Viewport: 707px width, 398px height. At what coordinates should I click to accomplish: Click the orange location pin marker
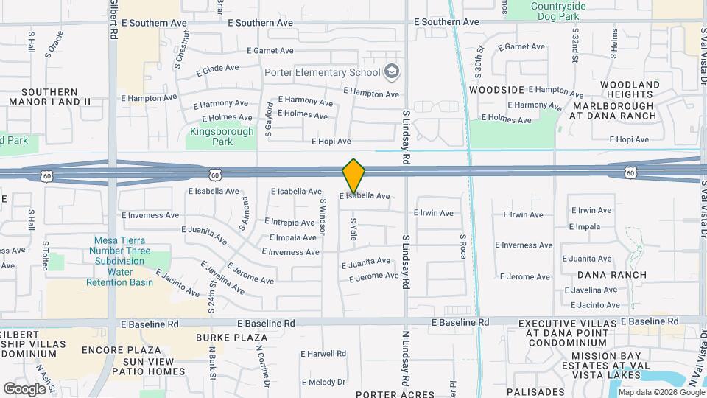pyautogui.click(x=353, y=175)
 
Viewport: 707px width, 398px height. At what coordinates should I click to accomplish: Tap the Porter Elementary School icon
pyautogui.click(x=393, y=71)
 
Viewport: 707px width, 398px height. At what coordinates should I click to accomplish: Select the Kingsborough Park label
pyautogui.click(x=222, y=137)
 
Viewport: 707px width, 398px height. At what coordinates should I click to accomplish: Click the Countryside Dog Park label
pyautogui.click(x=565, y=11)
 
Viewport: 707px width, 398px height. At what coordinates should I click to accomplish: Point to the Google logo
pyautogui.click(x=24, y=388)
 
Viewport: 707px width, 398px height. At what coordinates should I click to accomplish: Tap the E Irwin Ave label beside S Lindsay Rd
pyautogui.click(x=434, y=213)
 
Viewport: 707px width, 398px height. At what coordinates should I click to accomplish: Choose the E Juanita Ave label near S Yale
pyautogui.click(x=365, y=262)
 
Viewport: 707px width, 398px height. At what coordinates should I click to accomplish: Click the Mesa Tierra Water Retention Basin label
pyautogui.click(x=119, y=262)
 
